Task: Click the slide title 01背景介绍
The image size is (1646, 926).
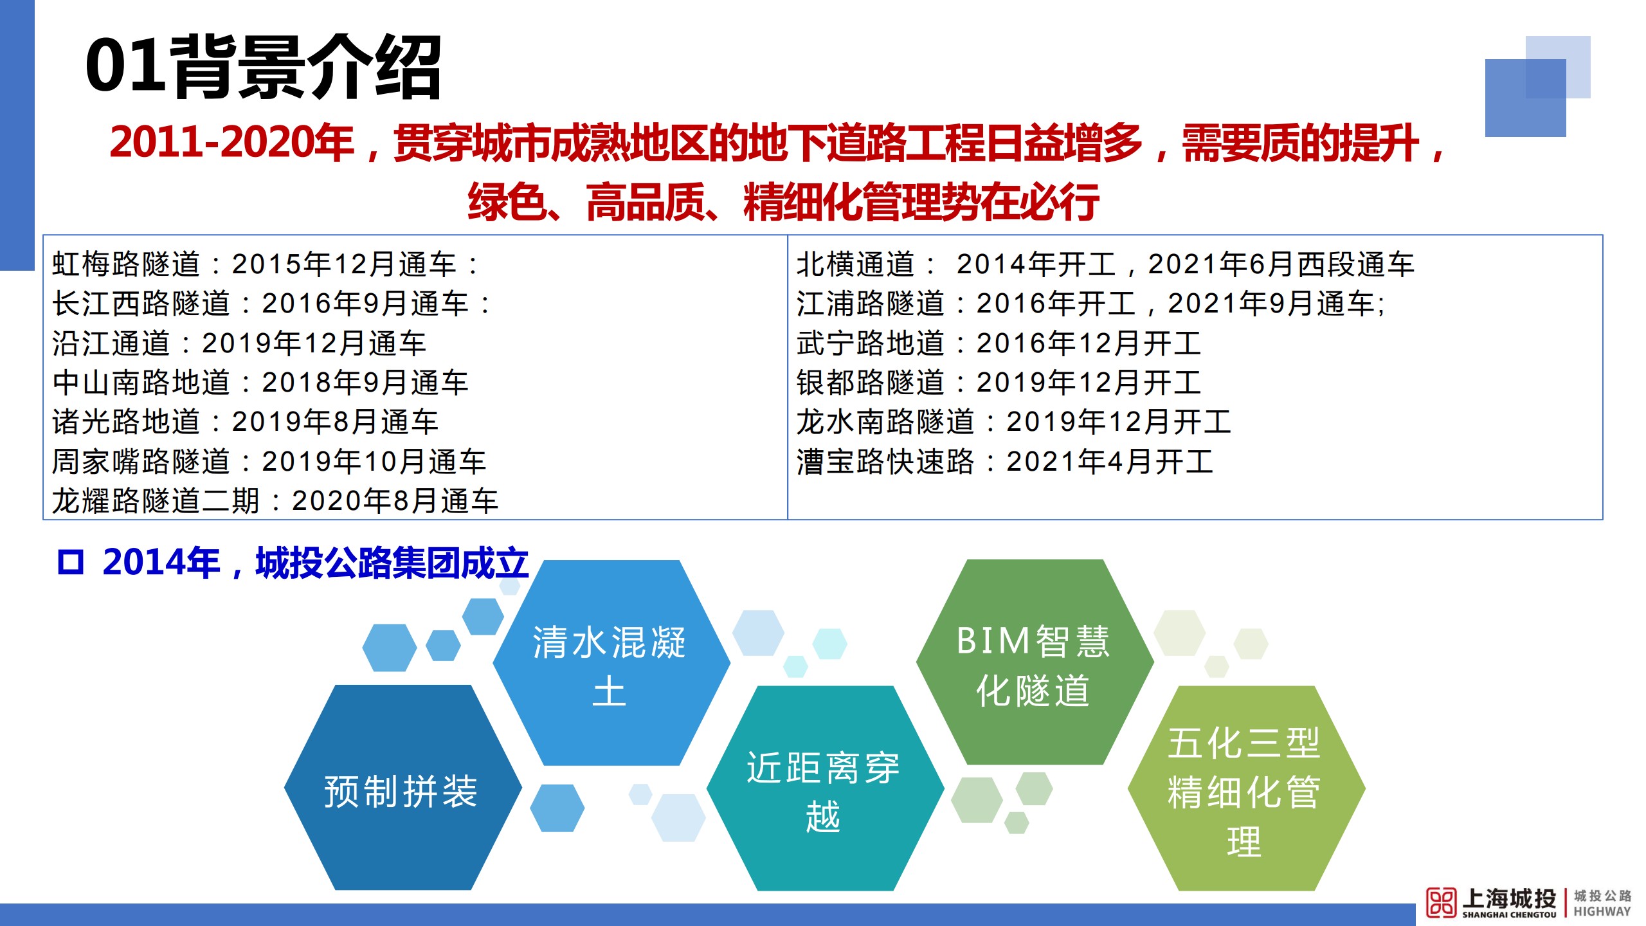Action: (264, 67)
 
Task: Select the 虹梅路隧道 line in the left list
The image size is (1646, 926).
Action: (266, 264)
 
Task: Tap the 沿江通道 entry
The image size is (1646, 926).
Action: (239, 343)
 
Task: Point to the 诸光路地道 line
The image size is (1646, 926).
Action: (246, 422)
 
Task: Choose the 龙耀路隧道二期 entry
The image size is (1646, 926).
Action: (275, 501)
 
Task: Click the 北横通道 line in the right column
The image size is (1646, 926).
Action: (1105, 264)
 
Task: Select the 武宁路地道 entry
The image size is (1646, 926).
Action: (999, 343)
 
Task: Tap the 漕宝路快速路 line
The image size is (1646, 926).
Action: (1005, 462)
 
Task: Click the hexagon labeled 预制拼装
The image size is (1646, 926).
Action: (402, 788)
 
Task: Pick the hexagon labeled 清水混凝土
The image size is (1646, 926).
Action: (611, 663)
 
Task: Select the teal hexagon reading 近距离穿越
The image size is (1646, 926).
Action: (825, 788)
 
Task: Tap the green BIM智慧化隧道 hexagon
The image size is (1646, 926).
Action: (1035, 662)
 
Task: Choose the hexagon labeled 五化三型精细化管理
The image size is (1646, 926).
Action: (1246, 788)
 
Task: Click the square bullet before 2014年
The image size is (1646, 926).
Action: (71, 563)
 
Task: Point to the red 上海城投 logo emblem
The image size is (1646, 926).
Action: (1441, 902)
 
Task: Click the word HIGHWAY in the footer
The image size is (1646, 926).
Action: (1602, 911)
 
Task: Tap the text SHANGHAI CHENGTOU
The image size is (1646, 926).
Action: (1509, 914)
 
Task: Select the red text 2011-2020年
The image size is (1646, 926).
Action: (232, 142)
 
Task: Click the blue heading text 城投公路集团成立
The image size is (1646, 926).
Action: (392, 563)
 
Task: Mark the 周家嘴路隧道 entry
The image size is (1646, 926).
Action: (269, 462)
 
